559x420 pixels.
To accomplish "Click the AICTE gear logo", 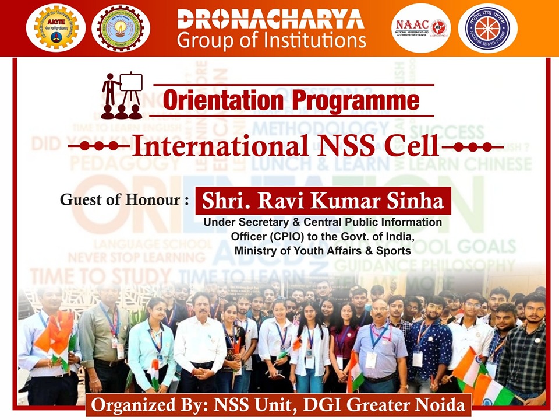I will (59, 27).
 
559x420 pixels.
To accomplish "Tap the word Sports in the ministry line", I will (394, 251).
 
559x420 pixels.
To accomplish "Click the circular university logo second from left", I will (121, 27).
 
